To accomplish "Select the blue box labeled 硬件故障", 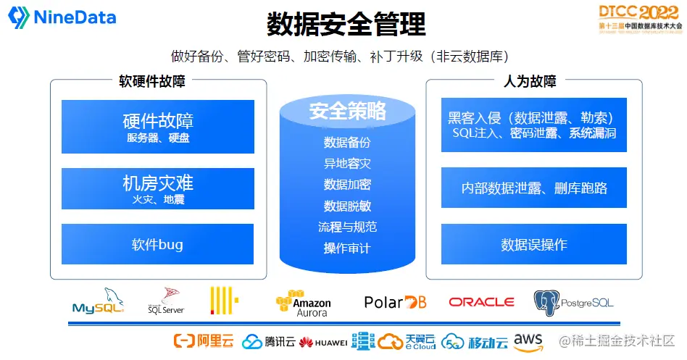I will click(158, 127).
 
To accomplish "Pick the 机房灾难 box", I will click(158, 188).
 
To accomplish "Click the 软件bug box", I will click(158, 244).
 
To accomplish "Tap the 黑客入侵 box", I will click(533, 125).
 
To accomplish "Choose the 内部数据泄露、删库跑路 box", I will click(533, 188).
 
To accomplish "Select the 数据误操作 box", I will click(533, 244).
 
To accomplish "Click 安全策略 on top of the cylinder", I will click(347, 112).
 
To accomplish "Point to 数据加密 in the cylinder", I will click(347, 185).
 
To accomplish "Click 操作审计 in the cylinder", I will click(347, 248).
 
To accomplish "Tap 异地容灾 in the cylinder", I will click(347, 164).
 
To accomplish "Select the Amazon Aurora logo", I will click(303, 304).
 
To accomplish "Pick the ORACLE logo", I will click(481, 302).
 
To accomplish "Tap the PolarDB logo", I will click(395, 302).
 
